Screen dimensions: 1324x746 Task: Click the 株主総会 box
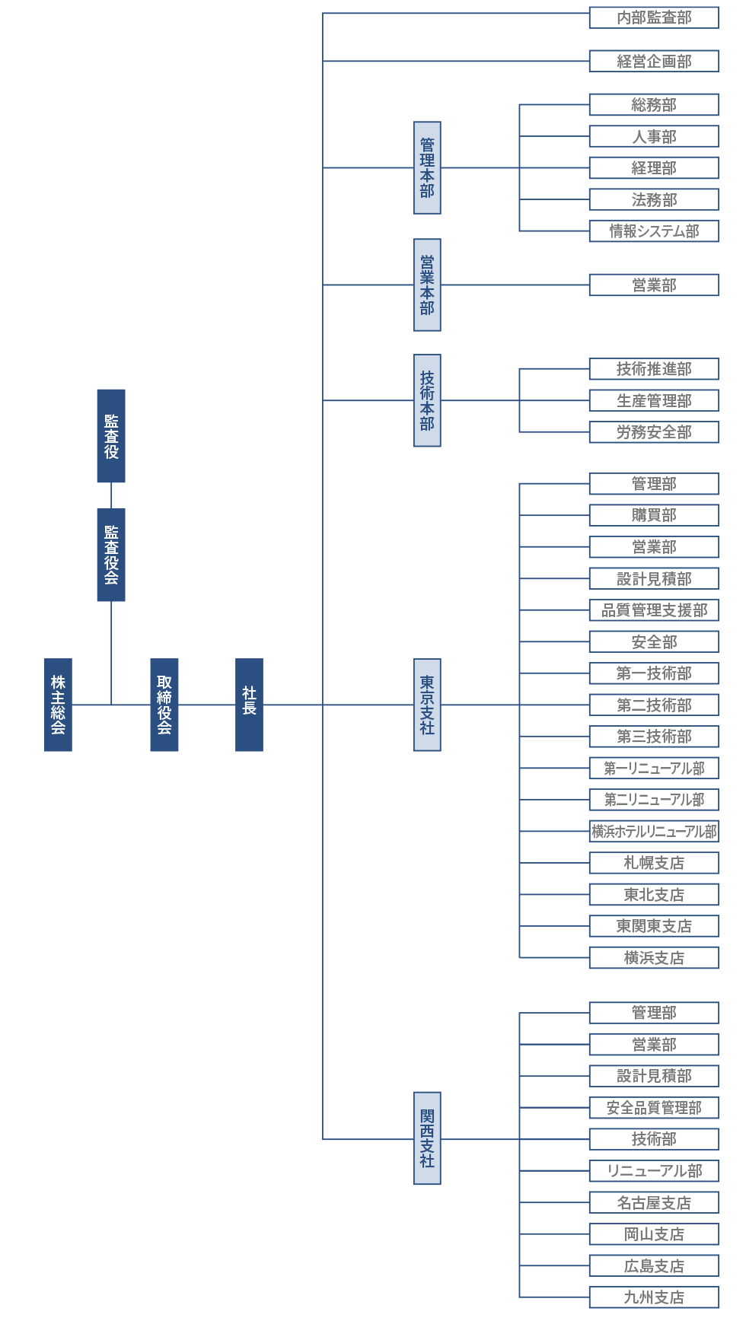click(58, 705)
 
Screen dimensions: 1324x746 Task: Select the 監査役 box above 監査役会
click(111, 436)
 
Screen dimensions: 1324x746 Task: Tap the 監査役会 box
click(111, 555)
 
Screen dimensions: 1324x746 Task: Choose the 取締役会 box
click(164, 705)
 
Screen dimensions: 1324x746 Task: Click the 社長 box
click(249, 705)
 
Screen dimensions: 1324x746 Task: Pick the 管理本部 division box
click(427, 167)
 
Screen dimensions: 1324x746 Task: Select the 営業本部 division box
click(427, 285)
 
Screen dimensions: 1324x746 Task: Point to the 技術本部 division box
click(427, 400)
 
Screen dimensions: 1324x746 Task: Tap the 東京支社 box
click(427, 705)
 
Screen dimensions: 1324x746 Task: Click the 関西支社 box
click(427, 1138)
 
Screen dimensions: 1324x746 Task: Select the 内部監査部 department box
click(654, 18)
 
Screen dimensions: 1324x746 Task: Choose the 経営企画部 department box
click(654, 62)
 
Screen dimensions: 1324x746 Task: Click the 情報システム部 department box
click(654, 231)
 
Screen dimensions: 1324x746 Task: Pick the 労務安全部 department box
click(654, 432)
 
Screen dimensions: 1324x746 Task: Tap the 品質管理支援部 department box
click(654, 610)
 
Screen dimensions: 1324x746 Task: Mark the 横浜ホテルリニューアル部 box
click(654, 832)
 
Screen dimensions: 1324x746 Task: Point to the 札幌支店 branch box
click(654, 863)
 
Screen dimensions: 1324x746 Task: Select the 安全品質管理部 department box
click(654, 1108)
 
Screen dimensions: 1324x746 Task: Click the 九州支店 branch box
click(654, 1297)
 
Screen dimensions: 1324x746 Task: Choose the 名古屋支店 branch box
click(654, 1203)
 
